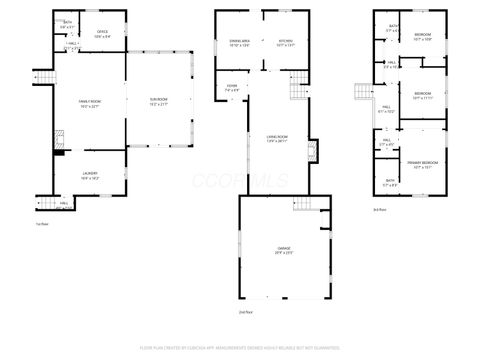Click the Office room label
102,33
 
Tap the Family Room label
91,104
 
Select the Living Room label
277,140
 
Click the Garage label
284,250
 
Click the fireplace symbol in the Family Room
58,139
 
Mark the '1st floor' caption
42,223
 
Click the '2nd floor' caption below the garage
245,312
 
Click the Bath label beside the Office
68,24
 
